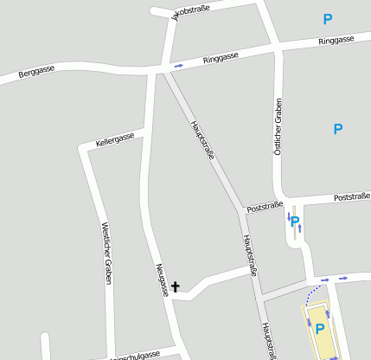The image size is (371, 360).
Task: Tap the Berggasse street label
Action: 36,72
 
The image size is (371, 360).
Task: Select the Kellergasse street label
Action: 115,138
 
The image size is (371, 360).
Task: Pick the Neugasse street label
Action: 162,280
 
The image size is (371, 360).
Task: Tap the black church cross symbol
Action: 176,286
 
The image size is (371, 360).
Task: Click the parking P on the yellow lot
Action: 319,329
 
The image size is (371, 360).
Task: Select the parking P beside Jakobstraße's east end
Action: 328,19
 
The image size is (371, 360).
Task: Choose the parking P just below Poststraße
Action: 295,222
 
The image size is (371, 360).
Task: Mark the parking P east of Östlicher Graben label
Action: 338,130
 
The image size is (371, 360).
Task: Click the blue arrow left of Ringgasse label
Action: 179,65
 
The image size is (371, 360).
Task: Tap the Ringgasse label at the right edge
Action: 336,41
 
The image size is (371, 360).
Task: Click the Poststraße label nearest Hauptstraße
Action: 265,208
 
